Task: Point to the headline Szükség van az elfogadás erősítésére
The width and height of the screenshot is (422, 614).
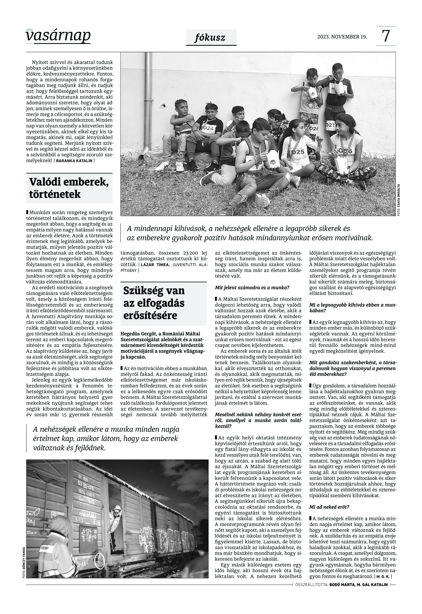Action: point(154,303)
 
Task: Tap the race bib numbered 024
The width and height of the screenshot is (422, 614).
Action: point(209,128)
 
